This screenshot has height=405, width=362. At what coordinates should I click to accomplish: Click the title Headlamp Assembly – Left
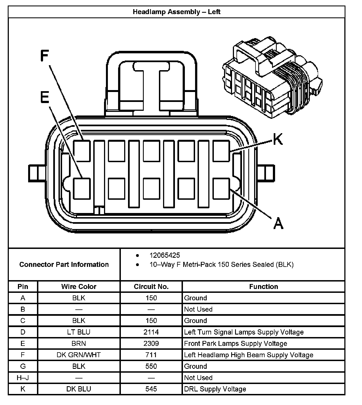177,12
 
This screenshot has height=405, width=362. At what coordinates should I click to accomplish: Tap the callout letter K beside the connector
278,139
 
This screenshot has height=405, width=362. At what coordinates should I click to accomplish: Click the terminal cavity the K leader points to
221,151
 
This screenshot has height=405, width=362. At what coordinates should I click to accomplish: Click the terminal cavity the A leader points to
221,189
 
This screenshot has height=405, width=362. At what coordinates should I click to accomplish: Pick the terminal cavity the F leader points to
82,151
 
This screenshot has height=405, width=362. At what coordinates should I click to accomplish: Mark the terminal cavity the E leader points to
82,189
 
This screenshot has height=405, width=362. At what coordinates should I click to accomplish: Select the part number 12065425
165,255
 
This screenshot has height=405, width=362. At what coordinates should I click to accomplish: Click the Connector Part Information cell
64,264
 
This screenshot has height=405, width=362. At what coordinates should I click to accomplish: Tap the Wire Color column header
79,286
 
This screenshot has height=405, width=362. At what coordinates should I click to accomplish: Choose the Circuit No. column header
151,286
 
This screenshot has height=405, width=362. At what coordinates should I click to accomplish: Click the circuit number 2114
151,332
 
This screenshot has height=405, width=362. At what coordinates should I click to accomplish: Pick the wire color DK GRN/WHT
79,355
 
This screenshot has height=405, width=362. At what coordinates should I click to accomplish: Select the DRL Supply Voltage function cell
215,389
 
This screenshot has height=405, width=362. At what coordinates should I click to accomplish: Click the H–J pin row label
23,378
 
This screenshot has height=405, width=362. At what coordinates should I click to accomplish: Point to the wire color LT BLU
79,332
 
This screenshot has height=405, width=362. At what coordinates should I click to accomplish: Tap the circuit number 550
151,366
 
